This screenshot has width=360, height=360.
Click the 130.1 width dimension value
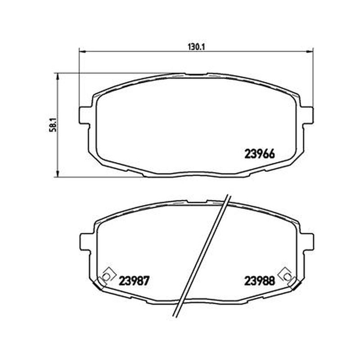tap(196, 47)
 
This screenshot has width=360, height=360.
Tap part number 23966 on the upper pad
tap(260, 154)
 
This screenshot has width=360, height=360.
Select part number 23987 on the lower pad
tap(134, 281)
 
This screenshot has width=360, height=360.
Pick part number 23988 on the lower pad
tap(260, 281)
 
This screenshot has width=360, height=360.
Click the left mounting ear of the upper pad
tap(84, 116)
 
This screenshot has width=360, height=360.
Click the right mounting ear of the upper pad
tap(308, 116)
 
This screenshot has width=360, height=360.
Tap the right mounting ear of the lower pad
tap(308, 242)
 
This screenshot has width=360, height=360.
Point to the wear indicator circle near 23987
tap(106, 277)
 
